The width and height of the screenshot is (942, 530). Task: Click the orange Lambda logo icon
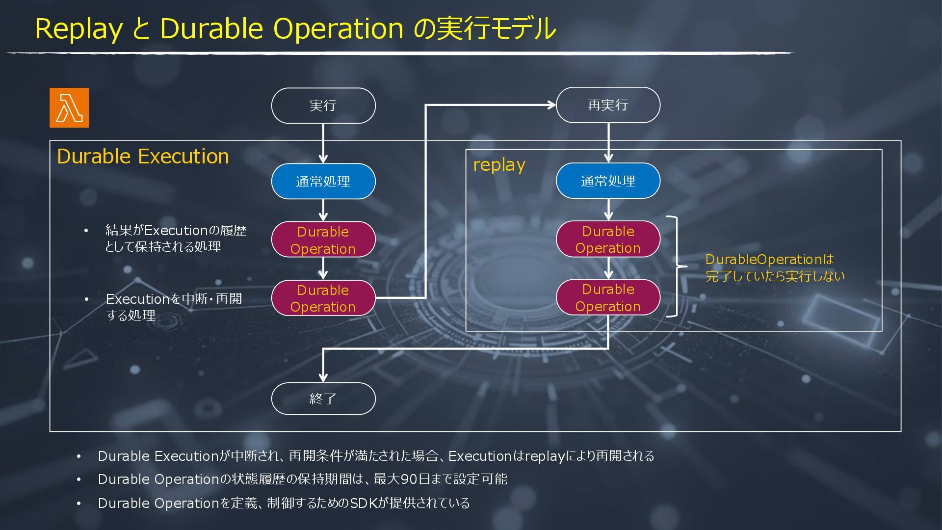pyautogui.click(x=69, y=108)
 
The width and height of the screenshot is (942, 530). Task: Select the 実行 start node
pyautogui.click(x=323, y=106)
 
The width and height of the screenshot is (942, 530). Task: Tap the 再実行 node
pyautogui.click(x=608, y=105)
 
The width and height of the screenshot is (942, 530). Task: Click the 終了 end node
pyautogui.click(x=323, y=398)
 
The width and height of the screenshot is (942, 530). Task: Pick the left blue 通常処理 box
pyautogui.click(x=323, y=181)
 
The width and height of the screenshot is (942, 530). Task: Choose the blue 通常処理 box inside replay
pyautogui.click(x=608, y=181)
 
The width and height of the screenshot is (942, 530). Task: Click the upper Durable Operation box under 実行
pyautogui.click(x=323, y=239)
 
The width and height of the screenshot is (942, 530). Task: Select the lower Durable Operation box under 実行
pyautogui.click(x=323, y=298)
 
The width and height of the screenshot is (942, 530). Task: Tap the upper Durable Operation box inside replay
pyautogui.click(x=608, y=239)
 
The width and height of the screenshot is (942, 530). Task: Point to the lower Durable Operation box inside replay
pyautogui.click(x=608, y=297)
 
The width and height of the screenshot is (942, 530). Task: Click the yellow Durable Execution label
pyautogui.click(x=143, y=157)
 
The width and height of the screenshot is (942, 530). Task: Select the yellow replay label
pyautogui.click(x=499, y=165)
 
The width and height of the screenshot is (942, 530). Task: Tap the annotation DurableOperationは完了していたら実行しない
pyautogui.click(x=775, y=267)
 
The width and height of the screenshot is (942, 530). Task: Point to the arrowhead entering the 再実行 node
pyautogui.click(x=552, y=105)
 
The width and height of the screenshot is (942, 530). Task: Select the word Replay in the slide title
pyautogui.click(x=78, y=28)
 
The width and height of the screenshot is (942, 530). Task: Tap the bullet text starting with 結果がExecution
pyautogui.click(x=175, y=238)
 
